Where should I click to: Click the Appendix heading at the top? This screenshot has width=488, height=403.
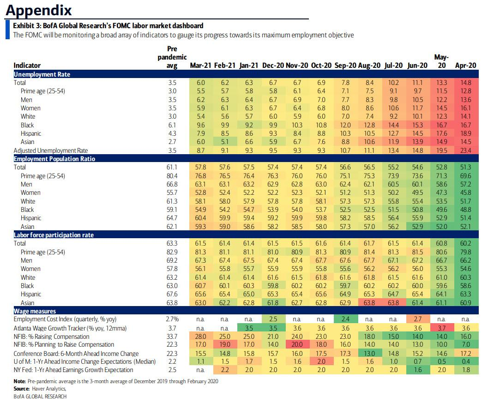[x=39, y=10]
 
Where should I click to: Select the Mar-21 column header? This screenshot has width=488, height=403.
[x=201, y=66]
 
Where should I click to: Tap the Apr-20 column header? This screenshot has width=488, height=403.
[x=465, y=66]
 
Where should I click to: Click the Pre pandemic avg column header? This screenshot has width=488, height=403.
[x=171, y=57]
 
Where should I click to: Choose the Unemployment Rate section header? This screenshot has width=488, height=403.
[x=42, y=74]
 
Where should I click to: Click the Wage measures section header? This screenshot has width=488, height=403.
[x=35, y=311]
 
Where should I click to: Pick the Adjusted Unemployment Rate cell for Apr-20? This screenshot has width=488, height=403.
[x=465, y=150]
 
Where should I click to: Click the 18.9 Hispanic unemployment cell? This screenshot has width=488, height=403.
[x=465, y=133]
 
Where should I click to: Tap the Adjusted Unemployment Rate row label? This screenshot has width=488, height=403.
[x=51, y=150]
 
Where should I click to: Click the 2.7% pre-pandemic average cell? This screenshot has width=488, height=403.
[x=171, y=319]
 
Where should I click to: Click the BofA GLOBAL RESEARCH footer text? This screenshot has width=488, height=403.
[x=40, y=397]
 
